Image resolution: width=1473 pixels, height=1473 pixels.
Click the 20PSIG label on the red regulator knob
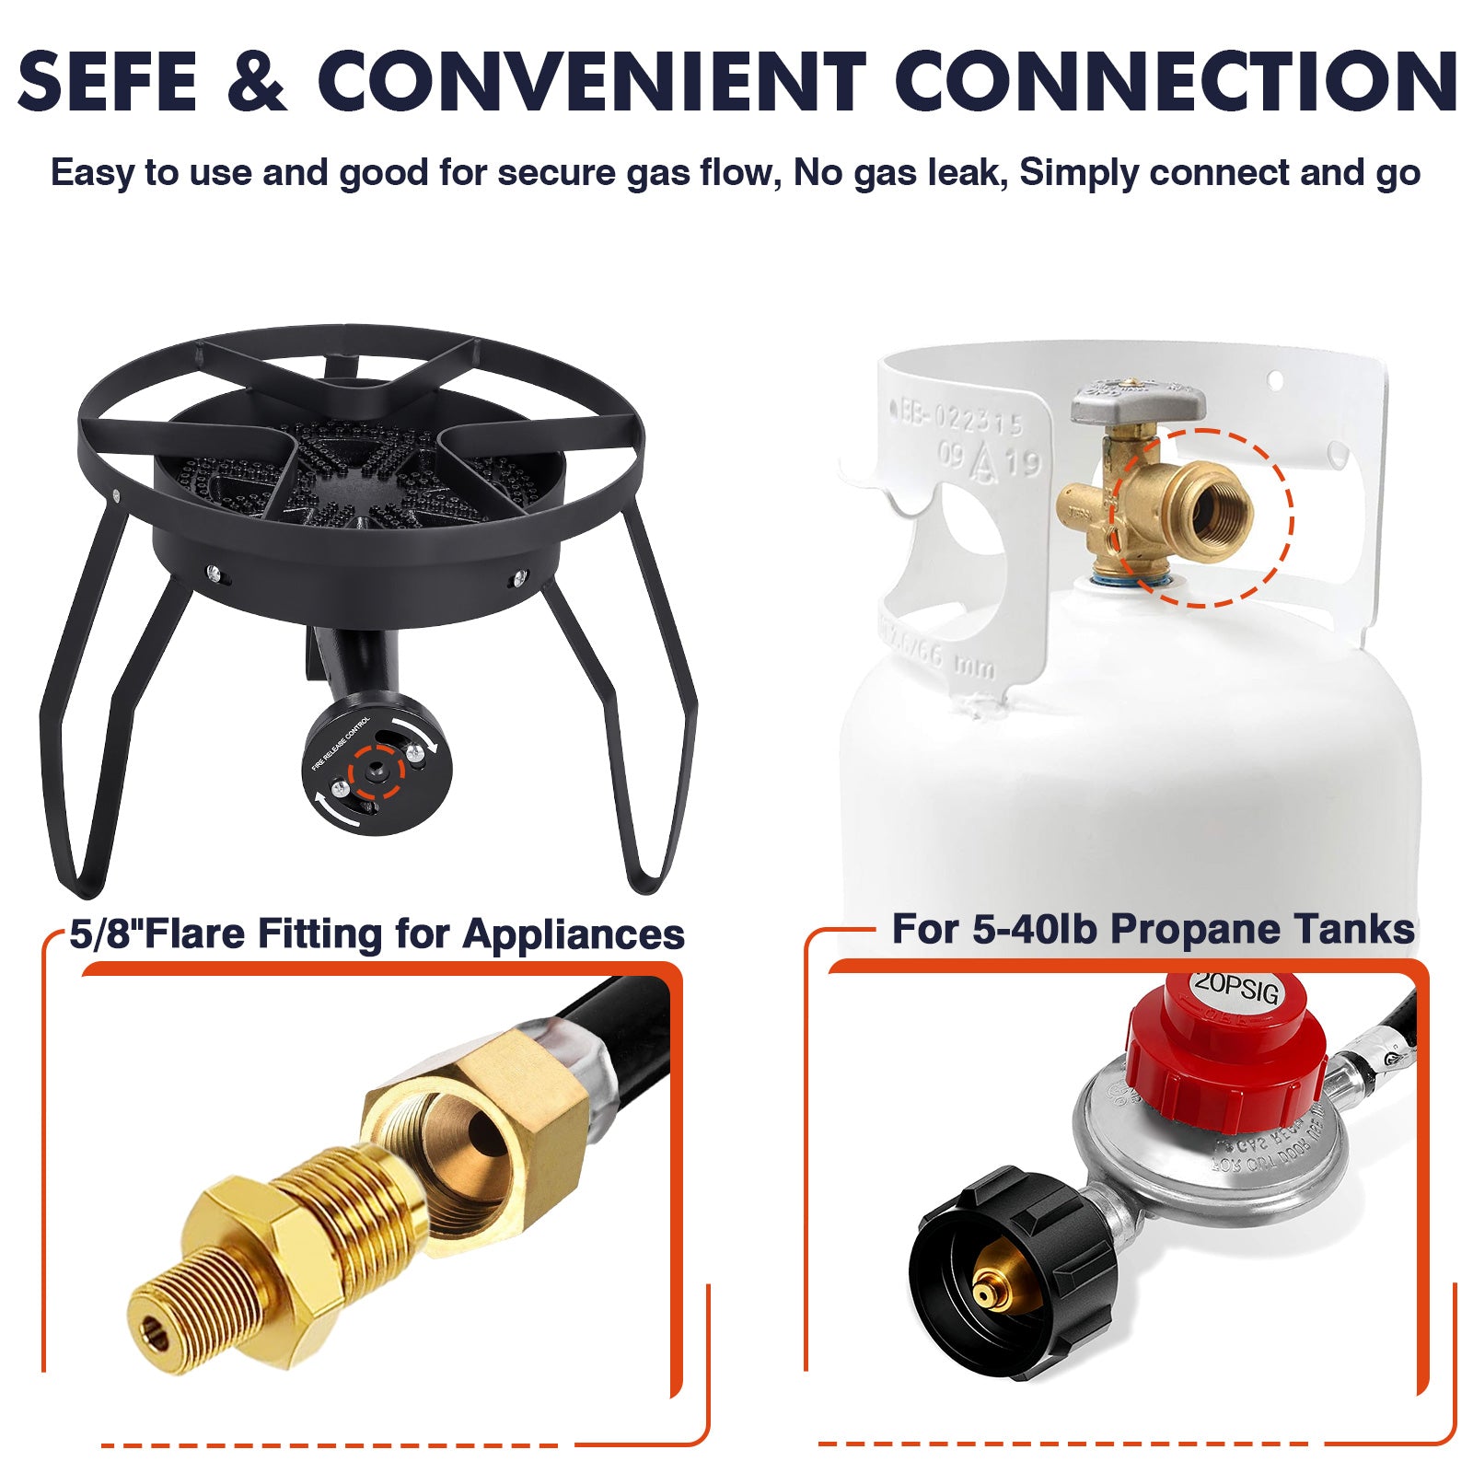point(1235,988)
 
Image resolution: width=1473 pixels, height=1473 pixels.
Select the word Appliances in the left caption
point(573,934)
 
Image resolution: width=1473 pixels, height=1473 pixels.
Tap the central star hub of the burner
point(354,488)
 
